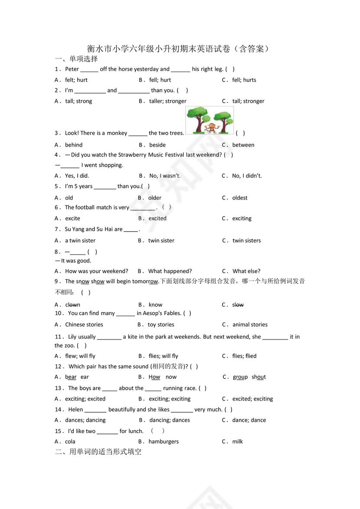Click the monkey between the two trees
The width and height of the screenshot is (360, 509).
211,127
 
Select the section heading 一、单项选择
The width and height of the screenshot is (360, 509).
76,59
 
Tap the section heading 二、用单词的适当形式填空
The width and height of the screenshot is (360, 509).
98,452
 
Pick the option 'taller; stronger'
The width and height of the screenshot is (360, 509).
167,101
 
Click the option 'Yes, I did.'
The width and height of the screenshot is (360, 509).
77,176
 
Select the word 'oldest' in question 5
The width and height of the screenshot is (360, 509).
240,198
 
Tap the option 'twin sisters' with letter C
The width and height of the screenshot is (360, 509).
246,241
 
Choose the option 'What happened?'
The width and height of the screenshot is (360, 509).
170,271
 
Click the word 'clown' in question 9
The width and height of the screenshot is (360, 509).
72,305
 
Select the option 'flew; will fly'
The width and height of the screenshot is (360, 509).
80,356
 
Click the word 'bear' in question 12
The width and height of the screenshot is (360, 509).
71,377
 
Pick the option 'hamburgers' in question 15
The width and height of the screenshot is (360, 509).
164,441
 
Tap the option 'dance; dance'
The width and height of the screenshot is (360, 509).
249,420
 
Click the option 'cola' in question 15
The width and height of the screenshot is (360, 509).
70,441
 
